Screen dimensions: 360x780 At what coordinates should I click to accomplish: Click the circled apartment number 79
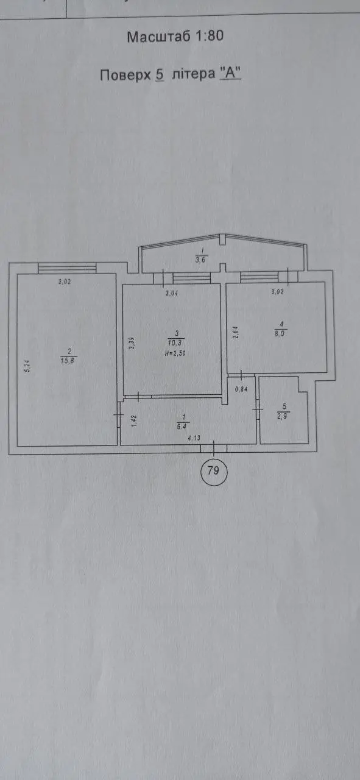[213, 471]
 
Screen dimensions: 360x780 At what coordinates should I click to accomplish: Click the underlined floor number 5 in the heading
[160, 74]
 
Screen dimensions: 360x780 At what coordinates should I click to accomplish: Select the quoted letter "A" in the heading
[230, 74]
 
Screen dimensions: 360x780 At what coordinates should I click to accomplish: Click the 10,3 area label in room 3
[175, 342]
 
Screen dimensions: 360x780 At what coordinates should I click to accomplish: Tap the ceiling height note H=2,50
[175, 353]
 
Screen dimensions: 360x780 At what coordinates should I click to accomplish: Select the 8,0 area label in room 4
[281, 333]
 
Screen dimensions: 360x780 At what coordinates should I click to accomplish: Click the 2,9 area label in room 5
[282, 416]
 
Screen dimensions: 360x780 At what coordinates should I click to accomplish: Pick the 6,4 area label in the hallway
[182, 426]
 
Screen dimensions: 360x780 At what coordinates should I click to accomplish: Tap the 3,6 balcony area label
[200, 260]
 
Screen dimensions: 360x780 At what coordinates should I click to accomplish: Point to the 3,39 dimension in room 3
[132, 344]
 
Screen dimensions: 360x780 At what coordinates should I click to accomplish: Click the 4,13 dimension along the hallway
[194, 438]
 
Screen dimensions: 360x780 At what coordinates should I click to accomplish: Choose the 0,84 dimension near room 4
[241, 389]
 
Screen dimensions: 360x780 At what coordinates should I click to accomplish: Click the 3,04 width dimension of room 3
[172, 293]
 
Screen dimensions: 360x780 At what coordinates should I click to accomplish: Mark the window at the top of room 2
[67, 268]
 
